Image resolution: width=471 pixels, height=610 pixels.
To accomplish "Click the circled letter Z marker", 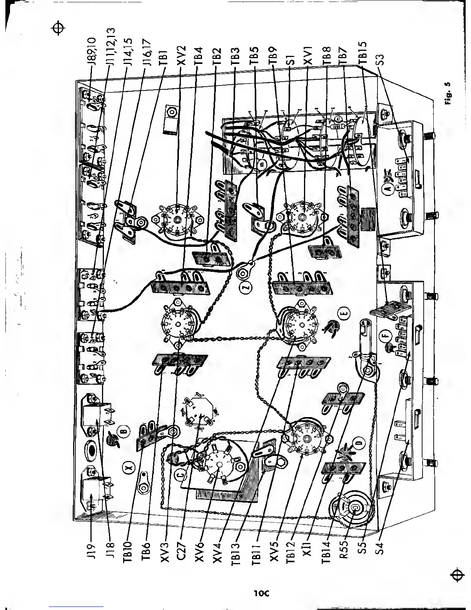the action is pyautogui.click(x=247, y=287).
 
